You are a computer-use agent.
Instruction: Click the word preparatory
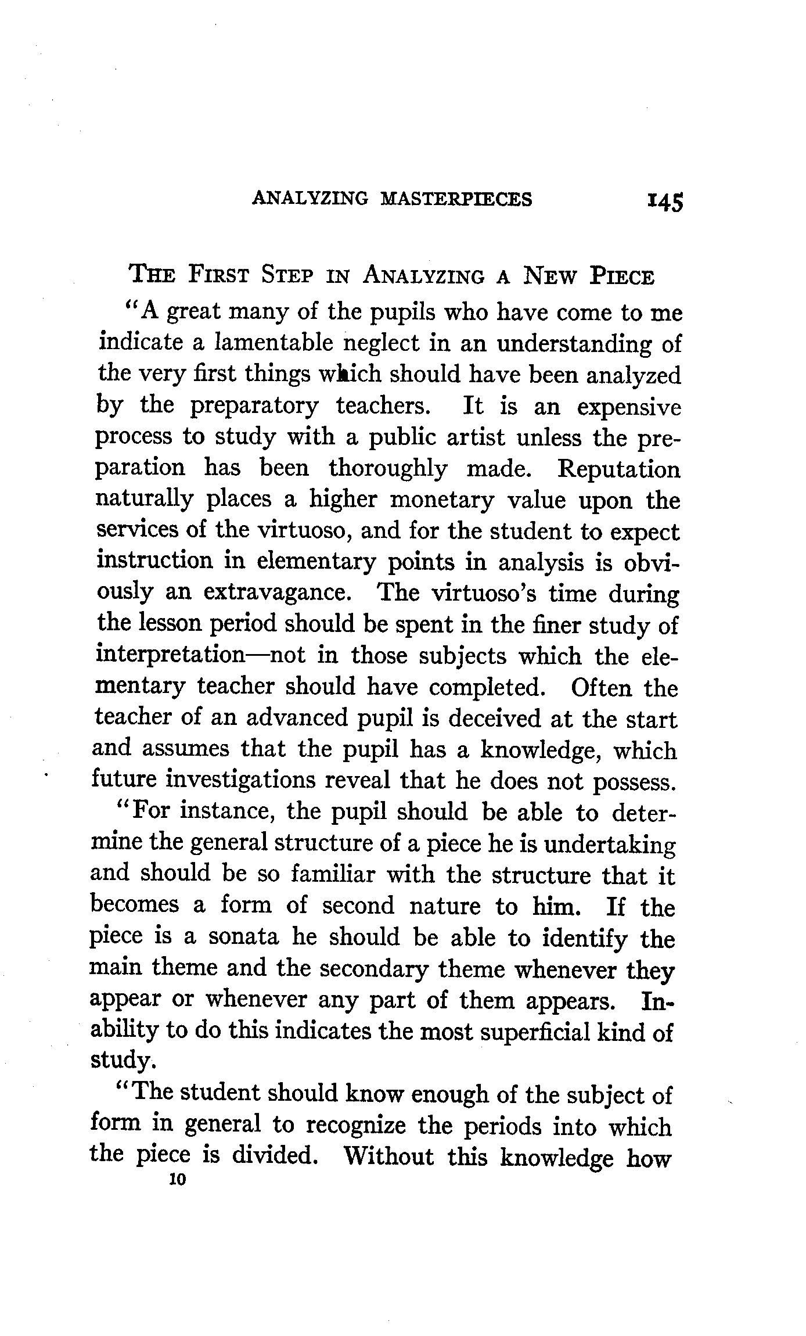tap(254, 406)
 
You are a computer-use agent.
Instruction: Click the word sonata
tap(243, 937)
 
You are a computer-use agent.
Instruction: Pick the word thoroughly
tap(388, 469)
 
